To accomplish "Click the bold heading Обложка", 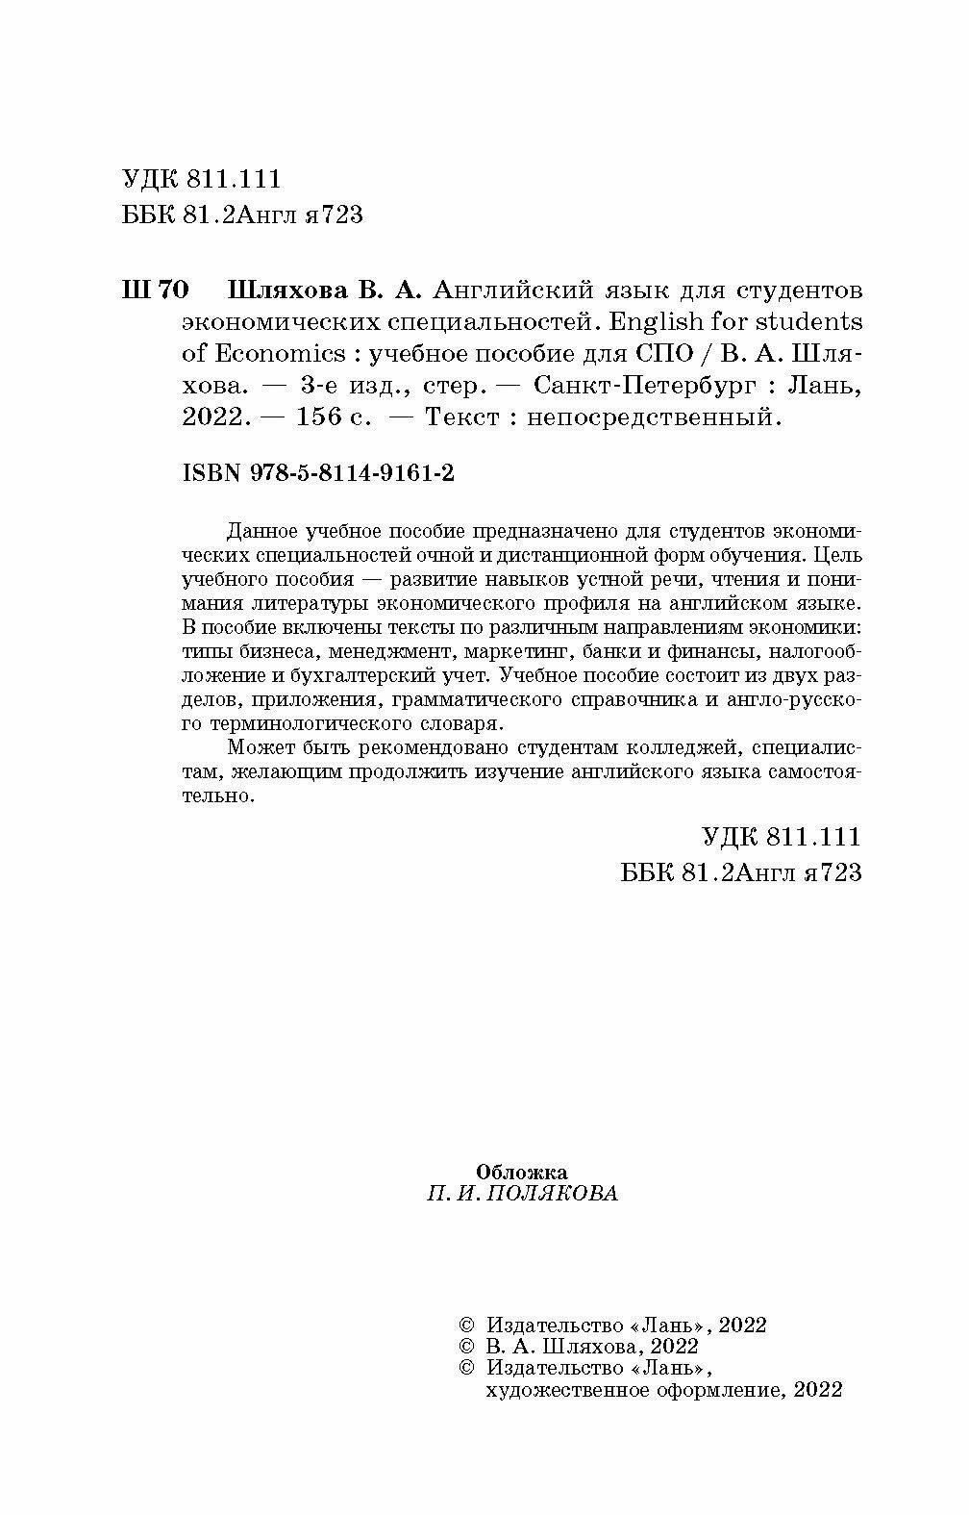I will pos(522,1173).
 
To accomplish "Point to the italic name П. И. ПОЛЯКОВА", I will pos(522,1195).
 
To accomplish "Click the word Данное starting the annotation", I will pos(261,530).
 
